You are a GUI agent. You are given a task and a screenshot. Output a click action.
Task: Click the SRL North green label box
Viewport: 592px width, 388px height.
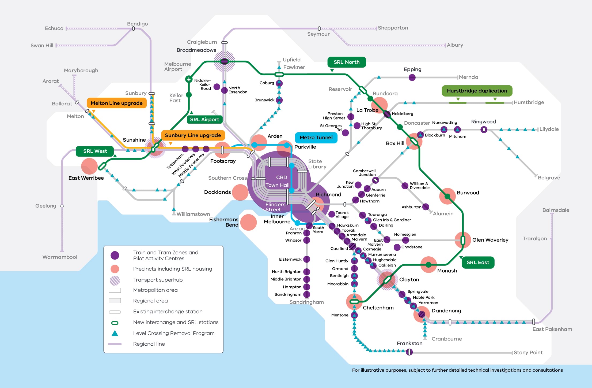click(347, 62)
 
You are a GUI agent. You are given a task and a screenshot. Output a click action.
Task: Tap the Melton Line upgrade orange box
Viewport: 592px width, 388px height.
click(117, 103)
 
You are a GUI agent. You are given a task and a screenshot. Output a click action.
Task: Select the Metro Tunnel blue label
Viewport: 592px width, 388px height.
click(316, 138)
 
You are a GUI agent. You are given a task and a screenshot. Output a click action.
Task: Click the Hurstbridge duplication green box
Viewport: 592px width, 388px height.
click(477, 91)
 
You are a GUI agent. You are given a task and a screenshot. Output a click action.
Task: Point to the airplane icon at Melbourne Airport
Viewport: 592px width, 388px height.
click(189, 79)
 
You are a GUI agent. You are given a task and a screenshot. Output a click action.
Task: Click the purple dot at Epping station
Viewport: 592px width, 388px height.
click(412, 77)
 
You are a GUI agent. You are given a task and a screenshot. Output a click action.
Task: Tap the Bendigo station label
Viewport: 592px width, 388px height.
click(137, 24)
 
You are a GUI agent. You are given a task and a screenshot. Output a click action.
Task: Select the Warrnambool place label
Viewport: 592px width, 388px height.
click(60, 257)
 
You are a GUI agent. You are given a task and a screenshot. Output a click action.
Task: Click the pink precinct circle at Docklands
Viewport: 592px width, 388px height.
click(240, 192)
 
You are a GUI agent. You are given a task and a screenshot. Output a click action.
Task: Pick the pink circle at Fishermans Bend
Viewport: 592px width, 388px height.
click(248, 222)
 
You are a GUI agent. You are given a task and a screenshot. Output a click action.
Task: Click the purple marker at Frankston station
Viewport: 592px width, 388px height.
click(409, 352)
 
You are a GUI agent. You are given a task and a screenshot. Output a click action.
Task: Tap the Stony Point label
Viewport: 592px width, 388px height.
click(528, 353)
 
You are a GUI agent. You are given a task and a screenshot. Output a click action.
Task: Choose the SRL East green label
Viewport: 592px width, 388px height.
click(478, 263)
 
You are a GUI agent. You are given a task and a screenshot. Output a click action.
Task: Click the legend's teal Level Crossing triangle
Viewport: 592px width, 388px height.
click(115, 333)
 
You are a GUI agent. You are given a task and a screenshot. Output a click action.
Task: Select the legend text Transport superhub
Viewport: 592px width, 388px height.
click(158, 280)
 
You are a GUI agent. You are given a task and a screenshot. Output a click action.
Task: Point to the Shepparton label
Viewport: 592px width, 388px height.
click(393, 28)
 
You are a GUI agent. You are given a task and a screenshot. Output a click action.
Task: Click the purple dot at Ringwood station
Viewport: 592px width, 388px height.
click(484, 130)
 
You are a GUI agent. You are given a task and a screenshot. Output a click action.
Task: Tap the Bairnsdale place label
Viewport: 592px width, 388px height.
click(556, 210)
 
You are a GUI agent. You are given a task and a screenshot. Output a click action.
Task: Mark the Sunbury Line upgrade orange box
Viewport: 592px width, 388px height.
click(193, 135)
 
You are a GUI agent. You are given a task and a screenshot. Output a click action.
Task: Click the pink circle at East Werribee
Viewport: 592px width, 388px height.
click(89, 166)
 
